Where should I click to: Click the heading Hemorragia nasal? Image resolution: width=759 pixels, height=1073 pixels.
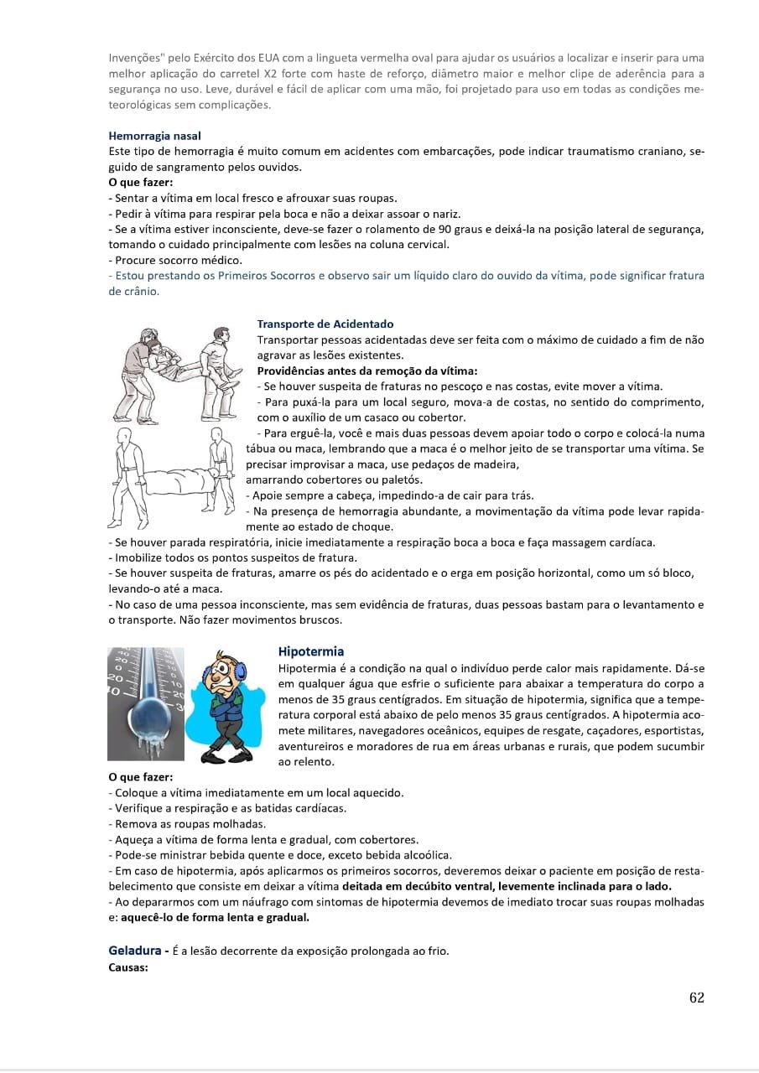(x=154, y=135)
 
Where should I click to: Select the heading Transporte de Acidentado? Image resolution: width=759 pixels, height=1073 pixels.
(x=325, y=324)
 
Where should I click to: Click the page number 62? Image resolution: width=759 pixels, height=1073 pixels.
(x=696, y=998)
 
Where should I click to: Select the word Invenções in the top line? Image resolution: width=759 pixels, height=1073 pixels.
(x=136, y=58)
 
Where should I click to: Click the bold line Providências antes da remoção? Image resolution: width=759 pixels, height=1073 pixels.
(x=367, y=371)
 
